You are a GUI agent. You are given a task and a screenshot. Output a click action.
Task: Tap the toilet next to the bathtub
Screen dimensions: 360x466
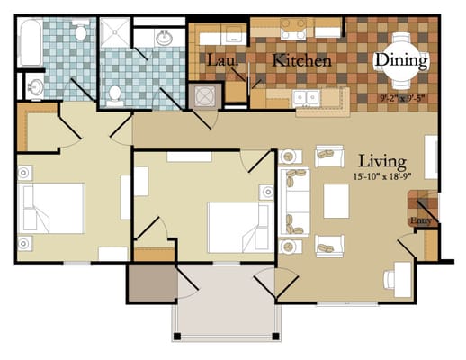point(82,34)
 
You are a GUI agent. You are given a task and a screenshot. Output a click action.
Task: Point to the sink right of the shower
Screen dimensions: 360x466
point(165,40)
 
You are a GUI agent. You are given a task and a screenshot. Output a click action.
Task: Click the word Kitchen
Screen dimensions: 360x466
point(302,61)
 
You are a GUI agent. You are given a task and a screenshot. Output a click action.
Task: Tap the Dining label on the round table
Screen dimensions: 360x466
point(401,60)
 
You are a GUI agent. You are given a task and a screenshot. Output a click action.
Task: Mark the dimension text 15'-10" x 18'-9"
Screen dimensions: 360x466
point(380,177)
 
